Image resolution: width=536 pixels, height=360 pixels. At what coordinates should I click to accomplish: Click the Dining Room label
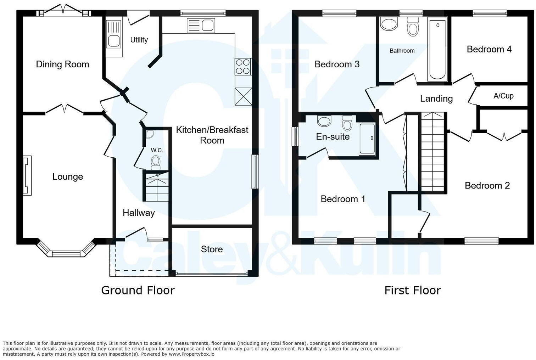pyautogui.click(x=62, y=64)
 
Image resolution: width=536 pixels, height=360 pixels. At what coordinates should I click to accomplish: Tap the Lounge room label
pyautogui.click(x=67, y=176)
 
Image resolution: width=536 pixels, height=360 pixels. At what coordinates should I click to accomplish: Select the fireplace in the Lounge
pyautogui.click(x=27, y=175)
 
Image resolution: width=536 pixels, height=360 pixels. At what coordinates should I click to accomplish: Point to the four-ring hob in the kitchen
pyautogui.click(x=243, y=66)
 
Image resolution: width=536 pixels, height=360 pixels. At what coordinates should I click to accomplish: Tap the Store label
pyautogui.click(x=212, y=249)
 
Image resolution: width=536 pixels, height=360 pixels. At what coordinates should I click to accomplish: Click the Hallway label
pyautogui.click(x=139, y=213)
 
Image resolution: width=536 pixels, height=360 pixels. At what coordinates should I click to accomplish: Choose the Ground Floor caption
pyautogui.click(x=138, y=290)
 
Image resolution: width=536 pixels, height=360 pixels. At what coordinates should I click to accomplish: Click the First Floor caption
pyautogui.click(x=412, y=291)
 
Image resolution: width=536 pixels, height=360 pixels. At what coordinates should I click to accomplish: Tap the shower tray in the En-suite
pyautogui.click(x=367, y=139)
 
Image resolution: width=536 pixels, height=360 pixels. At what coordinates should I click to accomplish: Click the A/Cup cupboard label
pyautogui.click(x=503, y=96)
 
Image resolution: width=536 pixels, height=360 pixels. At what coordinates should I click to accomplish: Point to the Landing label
pyautogui.click(x=436, y=99)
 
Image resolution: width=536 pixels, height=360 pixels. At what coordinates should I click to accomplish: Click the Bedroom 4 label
pyautogui.click(x=489, y=49)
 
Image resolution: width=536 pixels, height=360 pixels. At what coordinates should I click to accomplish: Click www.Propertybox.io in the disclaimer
pyautogui.click(x=191, y=354)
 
